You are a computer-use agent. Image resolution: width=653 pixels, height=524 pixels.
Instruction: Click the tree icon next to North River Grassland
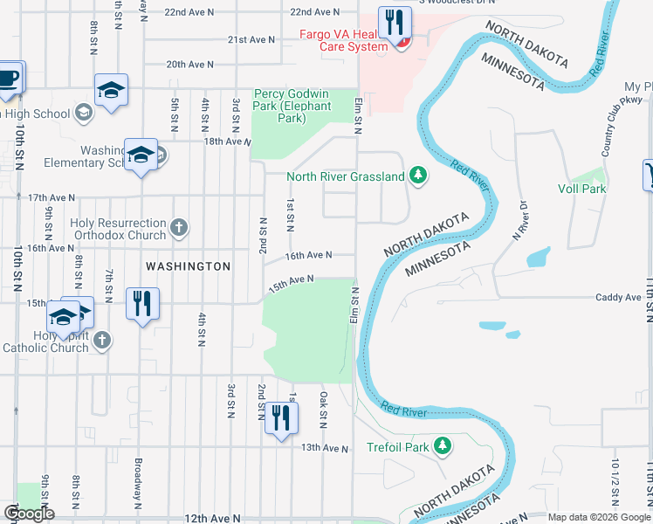tap(419, 176)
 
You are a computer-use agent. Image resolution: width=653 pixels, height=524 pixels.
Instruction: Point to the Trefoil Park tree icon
tap(443, 447)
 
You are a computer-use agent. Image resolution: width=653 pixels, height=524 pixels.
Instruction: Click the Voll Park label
tap(581, 188)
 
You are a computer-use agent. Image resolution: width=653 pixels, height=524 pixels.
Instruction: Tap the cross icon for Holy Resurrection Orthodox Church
tap(179, 228)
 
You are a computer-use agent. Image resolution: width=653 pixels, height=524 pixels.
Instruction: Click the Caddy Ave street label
tap(618, 298)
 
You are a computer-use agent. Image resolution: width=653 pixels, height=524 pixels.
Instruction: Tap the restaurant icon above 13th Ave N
tap(280, 417)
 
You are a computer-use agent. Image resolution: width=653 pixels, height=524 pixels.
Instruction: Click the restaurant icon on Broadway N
tap(139, 303)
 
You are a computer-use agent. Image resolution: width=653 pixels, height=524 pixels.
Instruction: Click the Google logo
tap(29, 514)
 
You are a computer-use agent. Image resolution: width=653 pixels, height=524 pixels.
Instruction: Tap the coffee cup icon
tap(9, 77)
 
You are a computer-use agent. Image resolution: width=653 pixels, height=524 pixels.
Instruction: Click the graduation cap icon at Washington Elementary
tap(141, 155)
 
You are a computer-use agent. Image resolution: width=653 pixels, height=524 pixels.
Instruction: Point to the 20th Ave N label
tap(189, 65)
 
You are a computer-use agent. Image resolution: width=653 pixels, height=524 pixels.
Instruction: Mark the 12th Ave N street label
tap(214, 518)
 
